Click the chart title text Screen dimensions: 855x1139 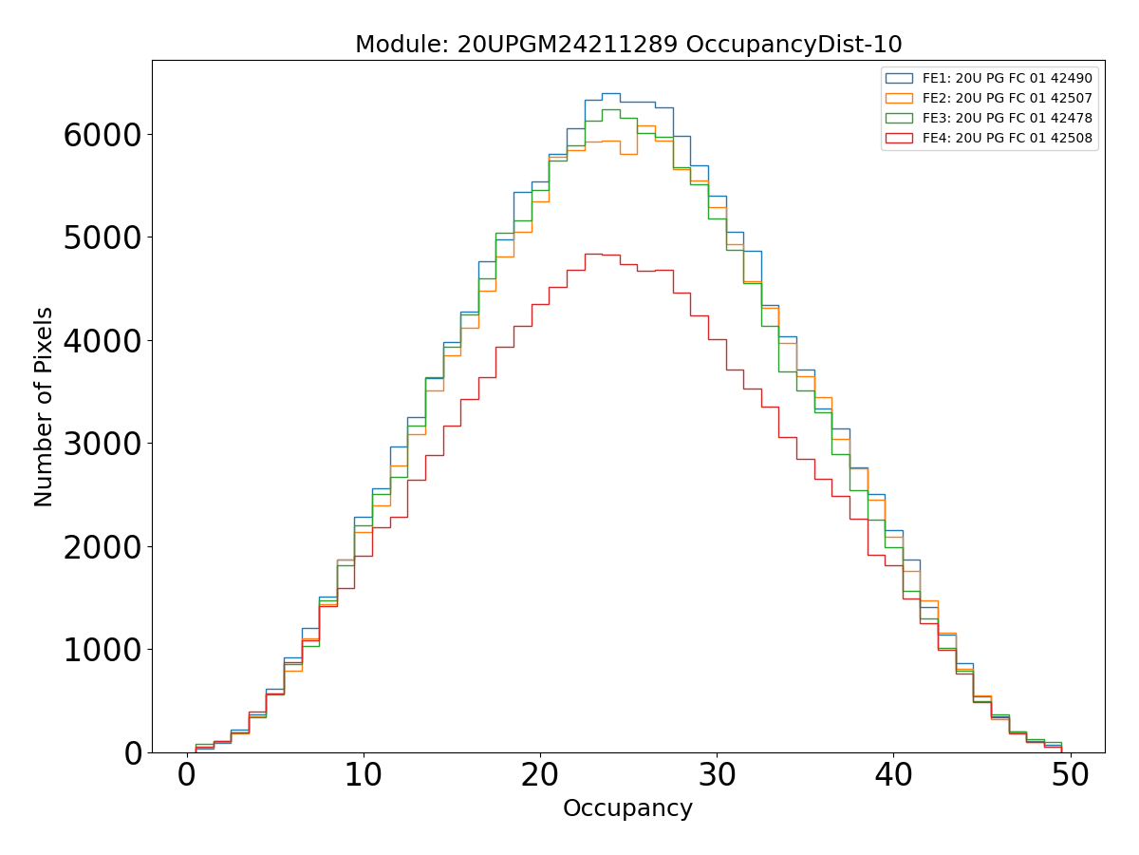[628, 45]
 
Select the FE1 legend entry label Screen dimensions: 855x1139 [1007, 78]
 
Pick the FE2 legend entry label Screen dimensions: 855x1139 [1007, 98]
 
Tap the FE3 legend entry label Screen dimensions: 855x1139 [1007, 118]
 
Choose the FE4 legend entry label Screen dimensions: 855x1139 [1007, 138]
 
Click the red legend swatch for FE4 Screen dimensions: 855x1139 [899, 138]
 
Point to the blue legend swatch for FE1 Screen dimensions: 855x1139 [899, 78]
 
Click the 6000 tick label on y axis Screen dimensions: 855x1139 [103, 134]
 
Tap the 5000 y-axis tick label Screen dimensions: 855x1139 [103, 237]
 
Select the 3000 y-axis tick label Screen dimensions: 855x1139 [103, 444]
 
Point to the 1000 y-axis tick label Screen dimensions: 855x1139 [103, 650]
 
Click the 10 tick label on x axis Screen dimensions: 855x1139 [364, 775]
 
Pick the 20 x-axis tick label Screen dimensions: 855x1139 [540, 775]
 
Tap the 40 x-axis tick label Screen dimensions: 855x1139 [893, 775]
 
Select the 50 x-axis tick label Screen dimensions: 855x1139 [1070, 775]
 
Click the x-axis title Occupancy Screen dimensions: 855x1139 [627, 808]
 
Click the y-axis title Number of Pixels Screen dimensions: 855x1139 [45, 407]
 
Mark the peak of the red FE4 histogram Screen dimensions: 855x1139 [593, 254]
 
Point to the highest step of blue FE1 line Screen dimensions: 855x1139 [610, 93]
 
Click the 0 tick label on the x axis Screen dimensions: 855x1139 [187, 775]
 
